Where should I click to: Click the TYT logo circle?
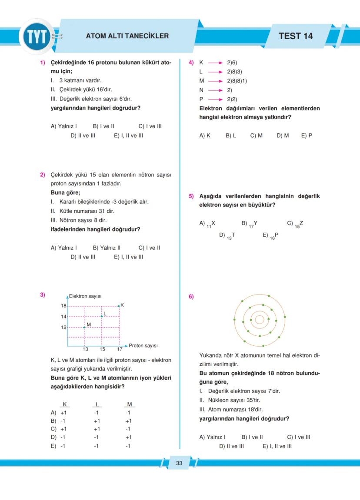tap(37, 36)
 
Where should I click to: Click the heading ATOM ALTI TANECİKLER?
tap(127, 36)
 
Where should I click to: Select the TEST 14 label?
tap(295, 36)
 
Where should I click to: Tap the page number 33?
tap(179, 463)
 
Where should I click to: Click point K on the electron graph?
tap(119, 306)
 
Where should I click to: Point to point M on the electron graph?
tap(84, 327)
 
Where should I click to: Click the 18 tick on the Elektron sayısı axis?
tap(63, 306)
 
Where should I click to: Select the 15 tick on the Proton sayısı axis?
tap(102, 349)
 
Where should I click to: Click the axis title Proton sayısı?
tap(143, 346)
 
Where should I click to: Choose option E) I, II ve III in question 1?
tap(129, 136)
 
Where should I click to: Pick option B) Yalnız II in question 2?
tap(107, 248)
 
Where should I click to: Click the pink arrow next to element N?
tap(215, 90)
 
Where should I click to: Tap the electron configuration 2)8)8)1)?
tap(237, 81)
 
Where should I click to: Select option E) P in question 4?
tap(307, 136)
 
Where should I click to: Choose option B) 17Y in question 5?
tap(250, 224)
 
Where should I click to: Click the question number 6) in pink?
tap(191, 297)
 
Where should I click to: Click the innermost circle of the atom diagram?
tap(260, 320)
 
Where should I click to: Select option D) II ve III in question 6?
tap(231, 446)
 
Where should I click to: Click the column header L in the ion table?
tap(97, 404)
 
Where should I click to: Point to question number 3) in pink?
tap(43, 295)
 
